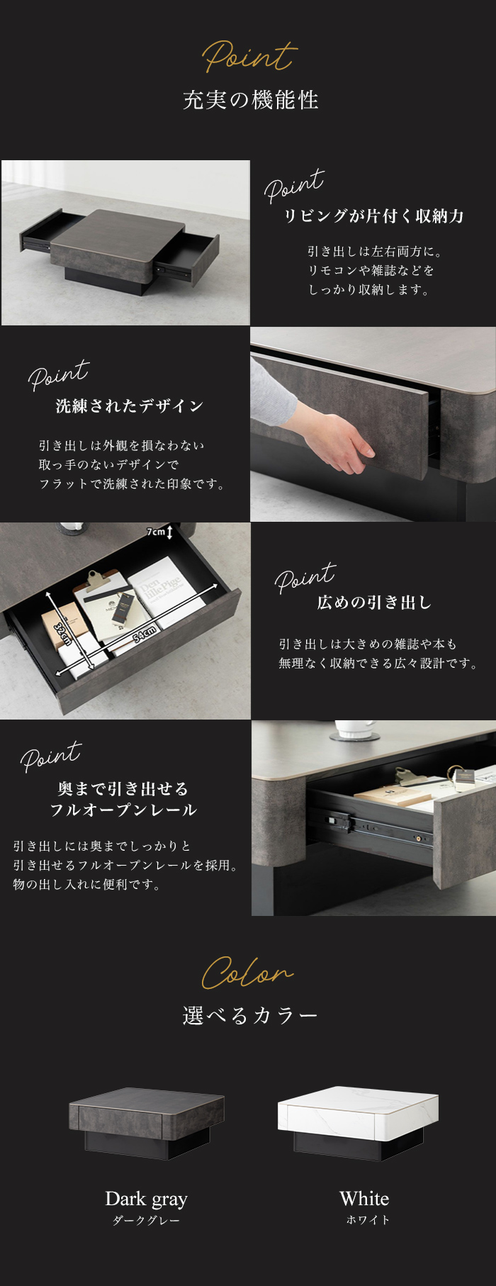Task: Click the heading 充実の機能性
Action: [x=251, y=100]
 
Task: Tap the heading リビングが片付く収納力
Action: [x=373, y=216]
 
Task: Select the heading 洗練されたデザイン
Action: [x=130, y=406]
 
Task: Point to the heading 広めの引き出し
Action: [x=374, y=603]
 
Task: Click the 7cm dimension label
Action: [x=157, y=532]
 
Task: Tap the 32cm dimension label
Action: [x=63, y=630]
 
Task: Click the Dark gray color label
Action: [x=146, y=1198]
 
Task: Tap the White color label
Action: [x=364, y=1198]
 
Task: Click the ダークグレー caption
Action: [x=146, y=1220]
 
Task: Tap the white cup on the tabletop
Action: [x=354, y=729]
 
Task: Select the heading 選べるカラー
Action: [x=250, y=1016]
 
